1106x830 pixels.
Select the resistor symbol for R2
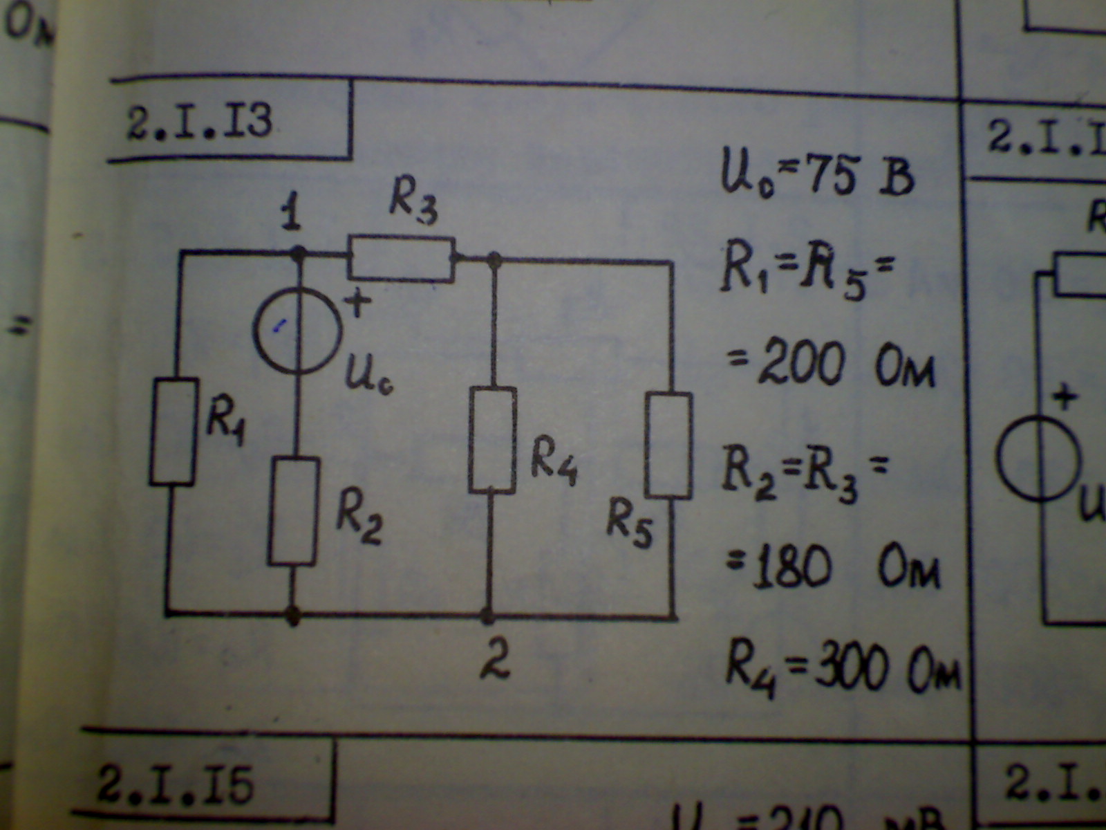[294, 510]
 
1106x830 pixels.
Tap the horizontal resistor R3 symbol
[402, 259]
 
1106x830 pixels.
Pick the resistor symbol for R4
[492, 440]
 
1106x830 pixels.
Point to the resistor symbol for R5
[669, 445]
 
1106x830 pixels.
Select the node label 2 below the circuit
[495, 660]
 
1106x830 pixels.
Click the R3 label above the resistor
[413, 201]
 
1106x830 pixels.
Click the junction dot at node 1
[298, 254]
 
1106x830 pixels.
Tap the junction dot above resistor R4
[494, 260]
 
